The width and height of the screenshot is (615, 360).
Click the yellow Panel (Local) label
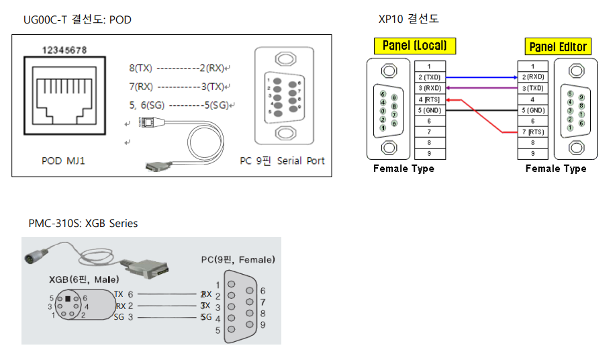414,46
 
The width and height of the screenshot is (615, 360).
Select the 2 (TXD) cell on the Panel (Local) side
430,77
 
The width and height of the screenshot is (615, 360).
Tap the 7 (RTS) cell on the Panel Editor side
532,132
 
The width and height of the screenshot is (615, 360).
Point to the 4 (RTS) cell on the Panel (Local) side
430,99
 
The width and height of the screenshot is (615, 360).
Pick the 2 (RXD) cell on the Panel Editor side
532,77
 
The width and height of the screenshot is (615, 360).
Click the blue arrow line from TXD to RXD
481,77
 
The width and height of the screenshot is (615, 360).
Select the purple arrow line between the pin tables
481,88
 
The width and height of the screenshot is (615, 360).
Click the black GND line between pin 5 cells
481,110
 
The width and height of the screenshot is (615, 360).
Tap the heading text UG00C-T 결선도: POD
77,20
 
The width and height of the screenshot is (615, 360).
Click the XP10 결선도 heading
409,19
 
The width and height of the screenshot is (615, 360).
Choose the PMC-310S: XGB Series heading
83,223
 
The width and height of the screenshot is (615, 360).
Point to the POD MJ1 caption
63,161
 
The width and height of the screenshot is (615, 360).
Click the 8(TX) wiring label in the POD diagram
141,68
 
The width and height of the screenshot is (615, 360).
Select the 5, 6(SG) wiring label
147,105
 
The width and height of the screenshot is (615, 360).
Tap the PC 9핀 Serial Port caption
282,161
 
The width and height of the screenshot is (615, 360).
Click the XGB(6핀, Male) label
84,279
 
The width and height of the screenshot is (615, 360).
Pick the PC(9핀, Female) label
238,259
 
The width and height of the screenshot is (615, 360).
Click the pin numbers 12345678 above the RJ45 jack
64,49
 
